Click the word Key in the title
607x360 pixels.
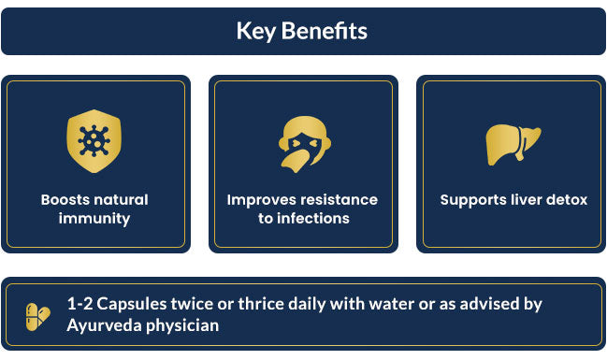[256, 32]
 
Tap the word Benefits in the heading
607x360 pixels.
[325, 30]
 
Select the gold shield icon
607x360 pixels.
[94, 141]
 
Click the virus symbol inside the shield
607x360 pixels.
[94, 141]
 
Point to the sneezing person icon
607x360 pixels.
[305, 144]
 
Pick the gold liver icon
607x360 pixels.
[513, 144]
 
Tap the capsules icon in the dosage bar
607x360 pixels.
[38, 317]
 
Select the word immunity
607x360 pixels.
[94, 219]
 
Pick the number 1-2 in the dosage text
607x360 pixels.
[79, 304]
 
